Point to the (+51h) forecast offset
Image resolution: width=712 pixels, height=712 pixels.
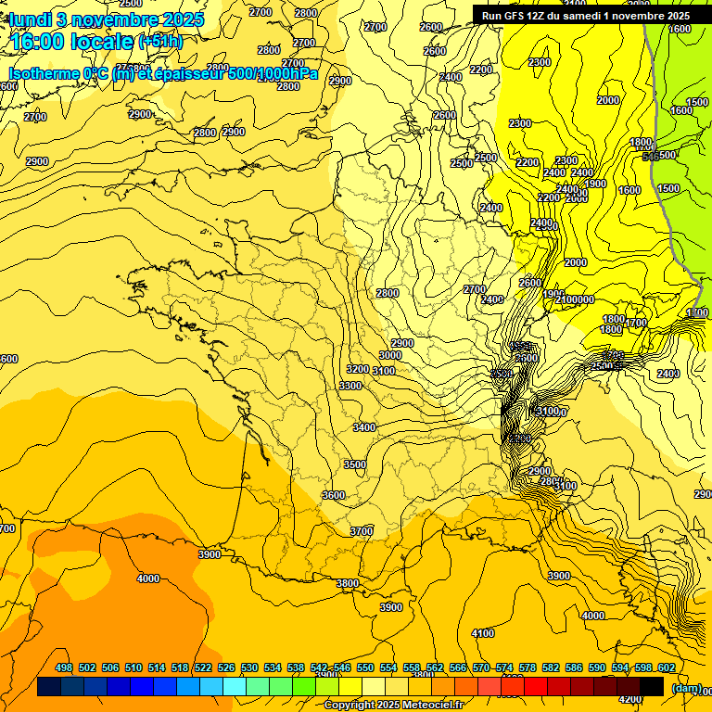pos(160,42)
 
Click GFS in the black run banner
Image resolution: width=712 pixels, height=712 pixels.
pos(511,15)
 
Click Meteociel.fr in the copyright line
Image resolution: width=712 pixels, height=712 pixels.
pos(429,705)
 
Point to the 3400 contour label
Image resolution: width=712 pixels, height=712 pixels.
pos(364,427)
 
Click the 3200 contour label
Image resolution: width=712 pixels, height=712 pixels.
pos(357,369)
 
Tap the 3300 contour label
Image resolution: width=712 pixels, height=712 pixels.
pos(350,386)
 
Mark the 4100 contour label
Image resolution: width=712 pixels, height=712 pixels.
pos(483,633)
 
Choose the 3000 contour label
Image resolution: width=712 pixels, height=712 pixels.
pos(390,355)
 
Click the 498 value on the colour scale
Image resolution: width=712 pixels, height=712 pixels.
pos(64,667)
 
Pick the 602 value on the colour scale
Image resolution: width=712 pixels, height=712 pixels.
pos(667,667)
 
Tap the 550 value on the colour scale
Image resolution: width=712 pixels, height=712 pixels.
pos(365,667)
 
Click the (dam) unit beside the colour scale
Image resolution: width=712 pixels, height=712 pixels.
pos(687,687)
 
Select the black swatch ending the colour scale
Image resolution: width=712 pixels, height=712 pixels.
pos(652,687)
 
